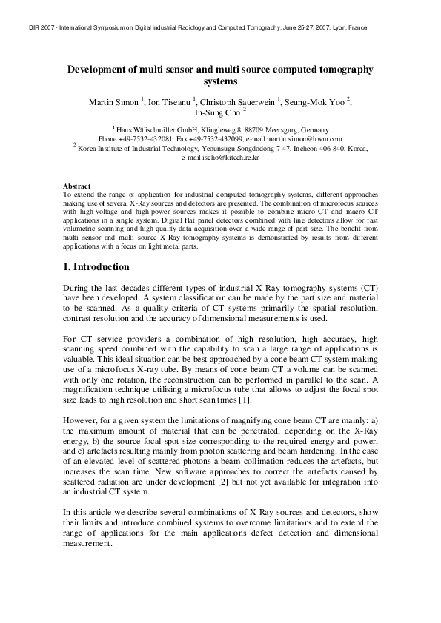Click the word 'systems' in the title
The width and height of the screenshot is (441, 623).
220,81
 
